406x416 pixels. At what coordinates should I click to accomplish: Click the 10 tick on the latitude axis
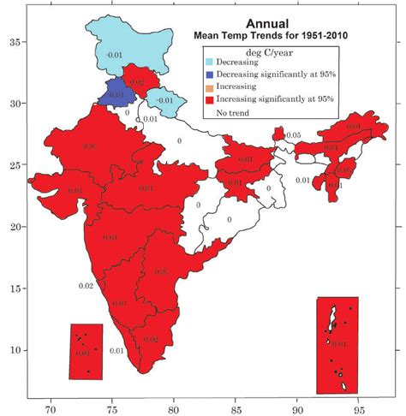tap(15, 350)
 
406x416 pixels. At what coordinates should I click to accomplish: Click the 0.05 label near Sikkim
tap(294, 135)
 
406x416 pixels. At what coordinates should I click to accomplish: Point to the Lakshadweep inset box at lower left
tap(86, 352)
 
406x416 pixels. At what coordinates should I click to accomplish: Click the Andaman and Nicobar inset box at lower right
tap(337, 344)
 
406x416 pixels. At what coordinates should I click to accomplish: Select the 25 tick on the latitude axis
tap(15, 165)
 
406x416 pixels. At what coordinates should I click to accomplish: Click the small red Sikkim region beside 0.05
tap(278, 134)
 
